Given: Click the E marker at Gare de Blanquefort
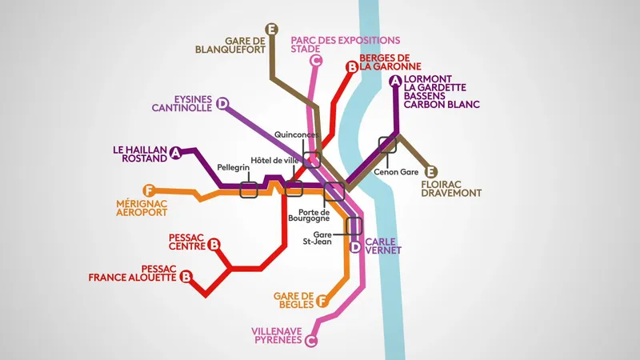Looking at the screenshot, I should [272, 30].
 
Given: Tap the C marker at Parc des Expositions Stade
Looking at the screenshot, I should [316, 60].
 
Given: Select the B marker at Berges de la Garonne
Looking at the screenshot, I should [350, 68].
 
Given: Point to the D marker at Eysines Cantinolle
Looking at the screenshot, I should [223, 103].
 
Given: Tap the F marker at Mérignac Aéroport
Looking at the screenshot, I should [146, 190].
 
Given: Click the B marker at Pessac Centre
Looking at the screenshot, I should [214, 245].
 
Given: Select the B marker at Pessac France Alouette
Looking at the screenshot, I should [186, 277].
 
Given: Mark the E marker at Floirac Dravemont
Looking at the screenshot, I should [431, 171].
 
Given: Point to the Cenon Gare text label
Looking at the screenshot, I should [396, 171].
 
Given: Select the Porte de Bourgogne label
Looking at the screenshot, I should [309, 214].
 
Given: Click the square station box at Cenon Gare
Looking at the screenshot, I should [388, 145].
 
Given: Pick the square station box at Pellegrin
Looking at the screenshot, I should [248, 190].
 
